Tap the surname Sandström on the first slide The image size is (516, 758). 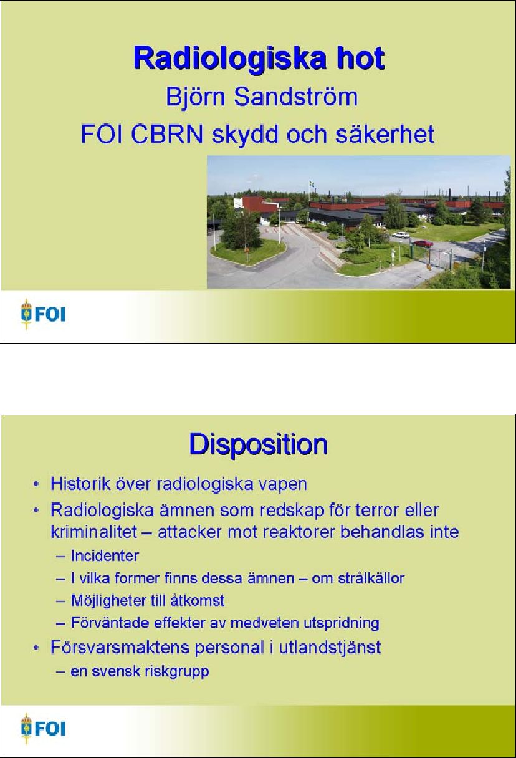(x=295, y=97)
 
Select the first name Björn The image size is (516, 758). (x=195, y=98)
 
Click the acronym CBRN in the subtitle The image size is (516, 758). (x=166, y=134)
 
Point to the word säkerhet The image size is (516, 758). (x=385, y=134)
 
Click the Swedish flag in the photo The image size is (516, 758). (x=312, y=184)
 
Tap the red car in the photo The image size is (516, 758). (x=423, y=243)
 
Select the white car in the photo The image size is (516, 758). (x=401, y=234)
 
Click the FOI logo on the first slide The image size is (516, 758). (x=43, y=314)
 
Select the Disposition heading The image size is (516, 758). (x=259, y=444)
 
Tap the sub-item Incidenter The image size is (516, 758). (x=105, y=555)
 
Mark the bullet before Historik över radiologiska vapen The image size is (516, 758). (x=36, y=484)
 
